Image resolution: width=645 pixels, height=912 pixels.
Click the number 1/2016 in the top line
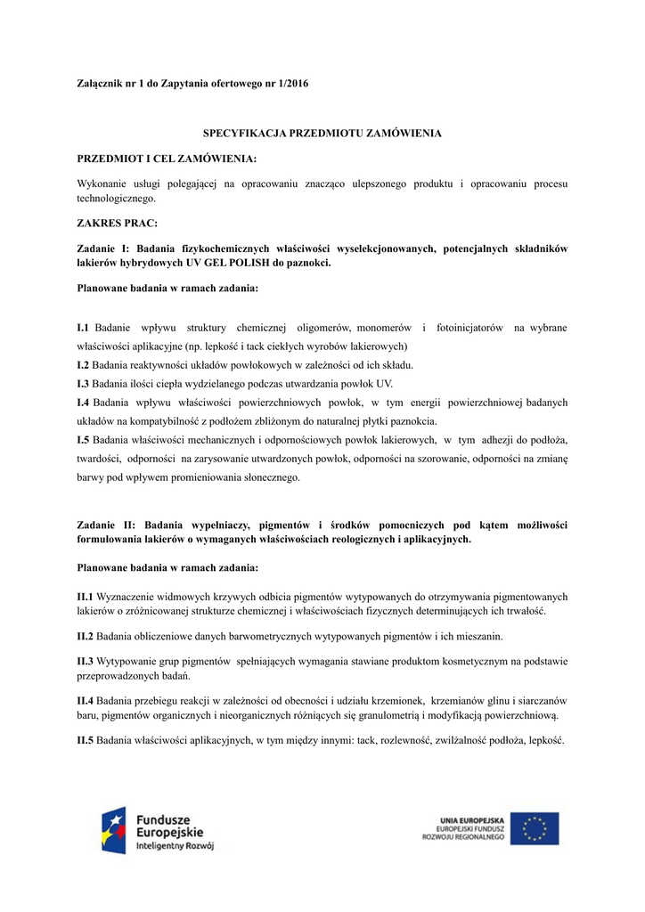pyautogui.click(x=295, y=83)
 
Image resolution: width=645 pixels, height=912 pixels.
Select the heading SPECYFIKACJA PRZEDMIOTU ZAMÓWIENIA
pyautogui.click(x=322, y=133)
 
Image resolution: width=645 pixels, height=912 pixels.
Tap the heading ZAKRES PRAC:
pyautogui.click(x=117, y=224)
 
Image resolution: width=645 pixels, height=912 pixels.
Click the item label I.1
pyautogui.click(x=84, y=329)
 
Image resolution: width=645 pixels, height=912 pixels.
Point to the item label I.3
pyautogui.click(x=84, y=384)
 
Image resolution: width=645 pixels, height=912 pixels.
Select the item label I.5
pyautogui.click(x=84, y=440)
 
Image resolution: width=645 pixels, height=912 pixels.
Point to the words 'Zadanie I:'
pyautogui.click(x=104, y=248)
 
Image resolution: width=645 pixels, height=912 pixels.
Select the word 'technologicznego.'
pyautogui.click(x=117, y=199)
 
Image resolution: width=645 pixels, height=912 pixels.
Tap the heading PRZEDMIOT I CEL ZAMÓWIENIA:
pyautogui.click(x=167, y=159)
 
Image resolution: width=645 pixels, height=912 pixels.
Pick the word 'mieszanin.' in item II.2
pyautogui.click(x=480, y=636)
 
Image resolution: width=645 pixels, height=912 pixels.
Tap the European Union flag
pyautogui.click(x=535, y=828)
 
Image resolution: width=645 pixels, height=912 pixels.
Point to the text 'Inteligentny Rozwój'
pyautogui.click(x=175, y=847)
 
